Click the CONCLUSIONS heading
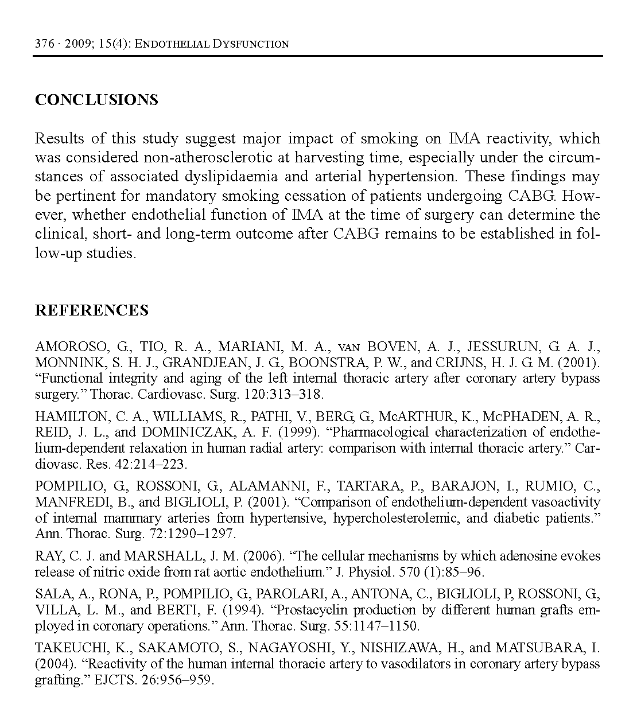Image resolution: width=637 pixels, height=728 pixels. point(96,100)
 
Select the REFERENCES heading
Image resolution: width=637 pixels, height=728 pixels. point(92,310)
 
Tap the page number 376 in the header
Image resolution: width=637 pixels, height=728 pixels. point(44,44)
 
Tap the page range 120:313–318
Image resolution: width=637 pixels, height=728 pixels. point(287,394)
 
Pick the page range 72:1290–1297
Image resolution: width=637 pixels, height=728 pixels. point(196,534)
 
